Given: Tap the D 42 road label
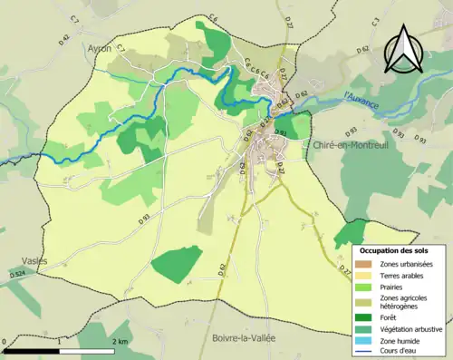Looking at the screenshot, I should (x=63, y=39).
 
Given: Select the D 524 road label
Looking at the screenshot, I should (x=16, y=274).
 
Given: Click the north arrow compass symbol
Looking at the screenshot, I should (x=401, y=47).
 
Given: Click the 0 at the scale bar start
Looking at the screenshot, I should (x=5, y=342).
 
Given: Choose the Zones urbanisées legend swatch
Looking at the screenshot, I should (x=369, y=262).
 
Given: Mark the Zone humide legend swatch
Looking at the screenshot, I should (x=369, y=340).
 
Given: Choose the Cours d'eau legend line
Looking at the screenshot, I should (x=369, y=351).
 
